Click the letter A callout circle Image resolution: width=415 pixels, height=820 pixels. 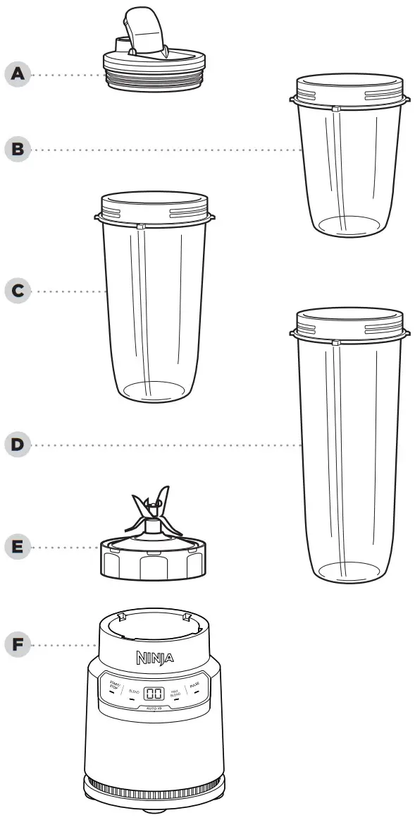(x=17, y=73)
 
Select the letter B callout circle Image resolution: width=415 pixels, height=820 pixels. (x=17, y=149)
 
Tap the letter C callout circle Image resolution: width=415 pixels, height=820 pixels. (x=17, y=290)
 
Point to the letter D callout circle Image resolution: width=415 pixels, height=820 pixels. (x=17, y=445)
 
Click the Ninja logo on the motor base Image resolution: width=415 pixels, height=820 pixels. (x=153, y=659)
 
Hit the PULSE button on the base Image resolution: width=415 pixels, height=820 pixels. (x=195, y=685)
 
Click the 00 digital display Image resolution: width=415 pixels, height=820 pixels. (x=154, y=694)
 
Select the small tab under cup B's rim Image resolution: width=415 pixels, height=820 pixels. (x=336, y=110)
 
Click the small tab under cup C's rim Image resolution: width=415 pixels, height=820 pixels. (x=140, y=227)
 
